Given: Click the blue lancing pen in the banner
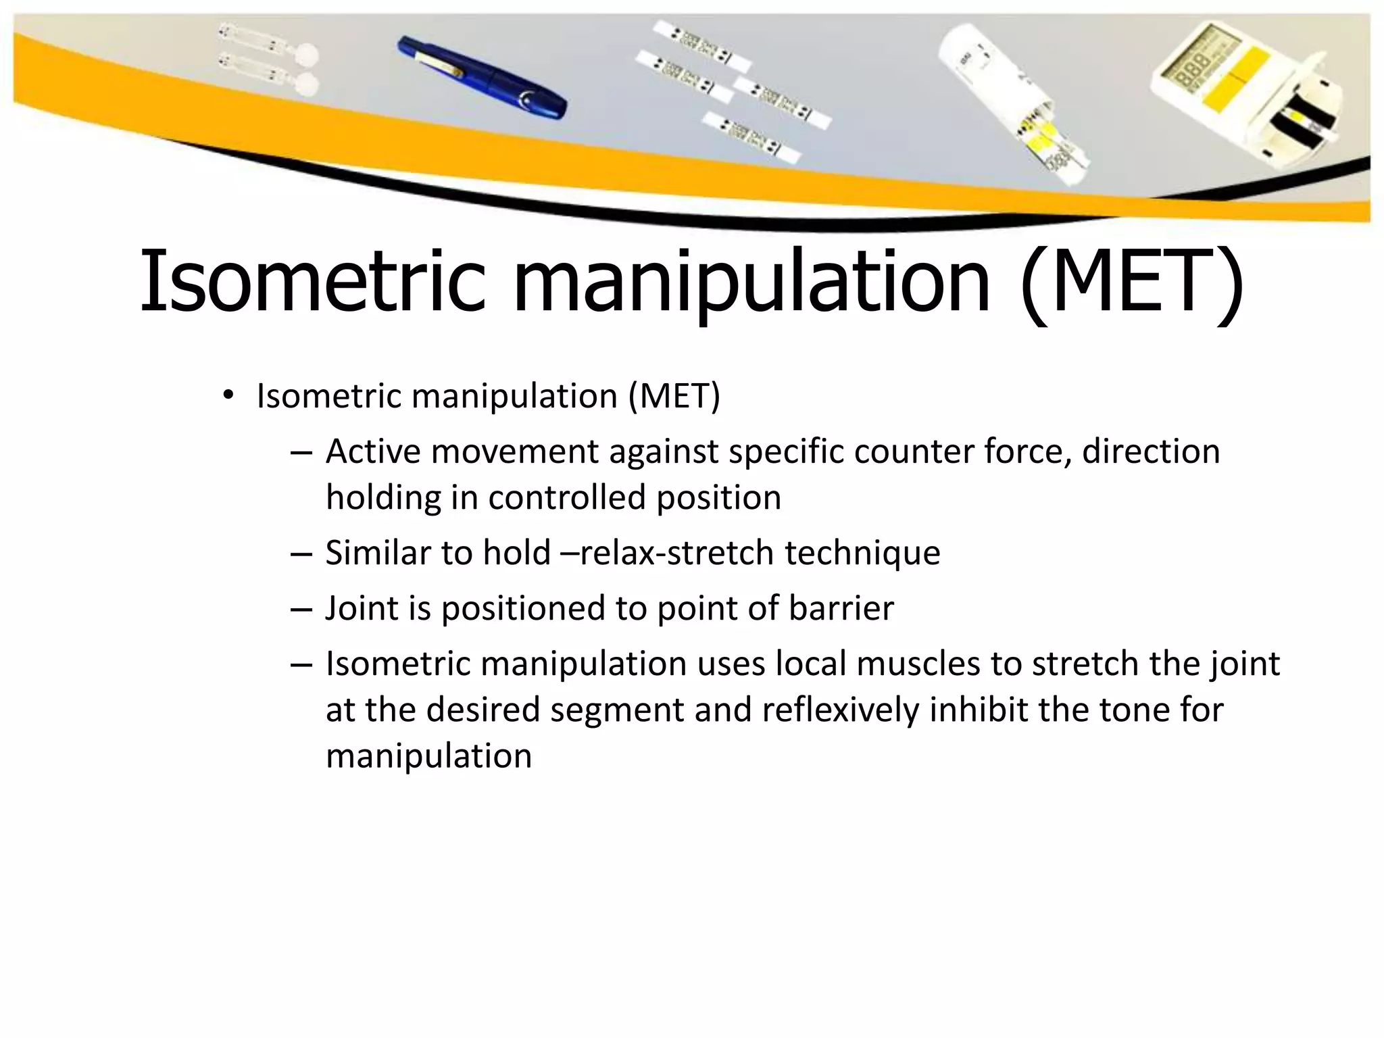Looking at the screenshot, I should (x=482, y=78).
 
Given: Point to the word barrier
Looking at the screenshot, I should (x=841, y=608).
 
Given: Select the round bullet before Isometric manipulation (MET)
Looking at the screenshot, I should (x=228, y=396).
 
